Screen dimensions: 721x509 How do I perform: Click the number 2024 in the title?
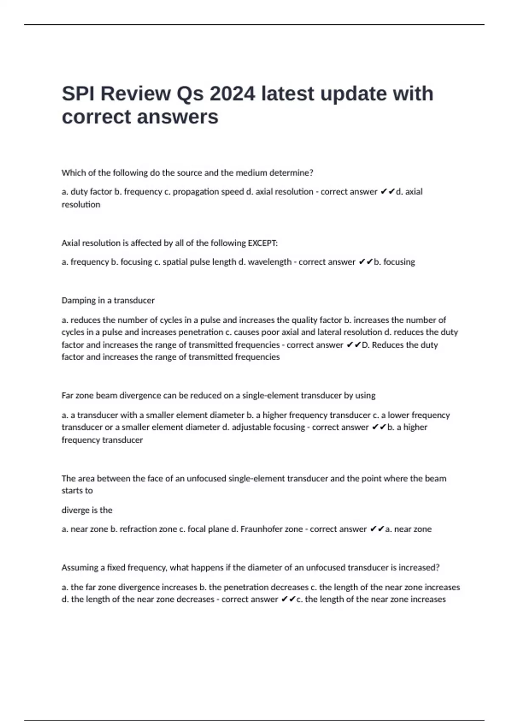tap(232, 94)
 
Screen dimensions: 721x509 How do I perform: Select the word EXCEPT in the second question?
tap(263, 243)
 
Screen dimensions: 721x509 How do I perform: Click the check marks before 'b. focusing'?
tap(365, 262)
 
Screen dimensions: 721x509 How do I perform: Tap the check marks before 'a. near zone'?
tap(377, 529)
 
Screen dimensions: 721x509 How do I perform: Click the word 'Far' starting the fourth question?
tap(67, 395)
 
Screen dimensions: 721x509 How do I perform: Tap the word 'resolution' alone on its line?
tap(81, 204)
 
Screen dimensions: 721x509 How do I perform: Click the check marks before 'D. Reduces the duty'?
tap(353, 345)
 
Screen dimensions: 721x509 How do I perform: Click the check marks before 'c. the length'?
tap(288, 599)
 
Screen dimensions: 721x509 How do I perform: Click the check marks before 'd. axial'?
tap(387, 192)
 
